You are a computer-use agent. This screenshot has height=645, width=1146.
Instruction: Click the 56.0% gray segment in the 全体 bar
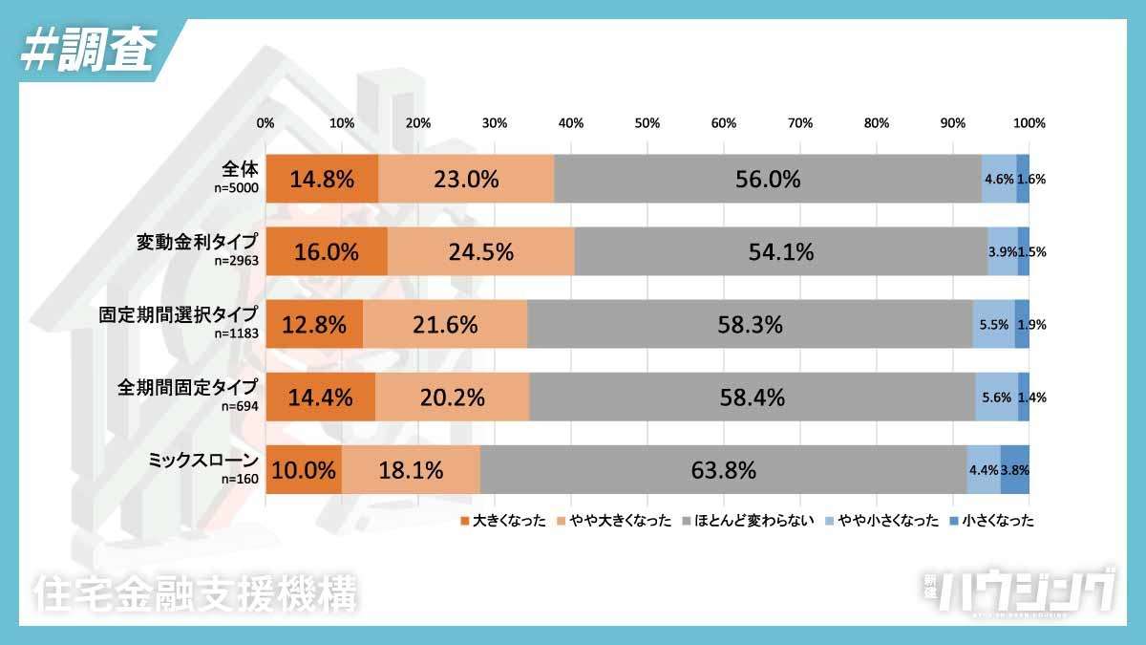767,179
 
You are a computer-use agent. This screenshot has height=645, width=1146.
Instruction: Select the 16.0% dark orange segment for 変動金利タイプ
327,251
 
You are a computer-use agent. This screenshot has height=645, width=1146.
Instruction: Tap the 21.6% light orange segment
445,324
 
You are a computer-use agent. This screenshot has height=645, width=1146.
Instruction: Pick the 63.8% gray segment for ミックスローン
723,470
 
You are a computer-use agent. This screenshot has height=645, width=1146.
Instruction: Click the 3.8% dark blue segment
1014,470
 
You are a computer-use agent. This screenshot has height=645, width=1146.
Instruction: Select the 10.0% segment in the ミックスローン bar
304,470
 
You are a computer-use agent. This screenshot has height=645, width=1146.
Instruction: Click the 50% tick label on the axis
647,123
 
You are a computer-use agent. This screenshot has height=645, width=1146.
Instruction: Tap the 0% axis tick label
266,123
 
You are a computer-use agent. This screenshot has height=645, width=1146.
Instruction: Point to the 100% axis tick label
1029,123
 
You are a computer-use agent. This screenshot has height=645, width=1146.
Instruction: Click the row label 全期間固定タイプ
187,387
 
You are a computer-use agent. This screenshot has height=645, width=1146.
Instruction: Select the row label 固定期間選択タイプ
178,314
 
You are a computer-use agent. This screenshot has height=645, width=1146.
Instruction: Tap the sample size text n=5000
235,189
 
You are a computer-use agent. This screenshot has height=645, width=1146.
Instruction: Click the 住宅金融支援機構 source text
195,592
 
